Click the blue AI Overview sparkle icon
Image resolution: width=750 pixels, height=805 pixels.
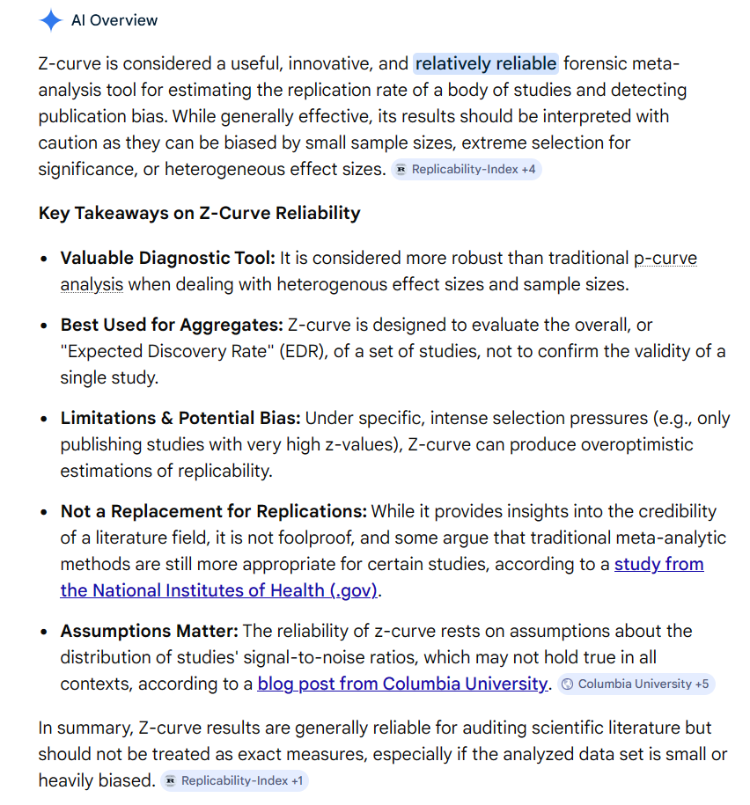(51, 19)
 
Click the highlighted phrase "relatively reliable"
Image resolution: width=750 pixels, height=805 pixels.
(486, 63)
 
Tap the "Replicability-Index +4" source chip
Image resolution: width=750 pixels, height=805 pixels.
(467, 169)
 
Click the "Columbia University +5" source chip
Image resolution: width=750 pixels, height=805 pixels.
(636, 684)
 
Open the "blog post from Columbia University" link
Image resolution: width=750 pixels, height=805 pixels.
(402, 684)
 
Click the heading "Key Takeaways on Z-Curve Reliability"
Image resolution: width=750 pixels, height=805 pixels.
(199, 213)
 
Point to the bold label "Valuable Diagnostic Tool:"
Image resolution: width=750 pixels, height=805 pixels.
(168, 259)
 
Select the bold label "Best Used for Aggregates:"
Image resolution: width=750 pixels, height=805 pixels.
(172, 326)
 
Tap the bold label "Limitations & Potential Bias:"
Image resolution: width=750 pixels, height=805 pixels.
(180, 418)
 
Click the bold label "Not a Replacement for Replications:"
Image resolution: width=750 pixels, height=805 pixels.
(214, 511)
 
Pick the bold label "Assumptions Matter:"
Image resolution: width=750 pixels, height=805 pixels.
(149, 631)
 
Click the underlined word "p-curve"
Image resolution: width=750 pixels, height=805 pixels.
(665, 259)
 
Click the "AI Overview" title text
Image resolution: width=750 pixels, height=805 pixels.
(114, 20)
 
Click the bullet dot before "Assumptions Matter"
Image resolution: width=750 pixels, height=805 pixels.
(45, 632)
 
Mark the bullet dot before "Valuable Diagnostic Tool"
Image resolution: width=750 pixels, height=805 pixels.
(45, 260)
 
